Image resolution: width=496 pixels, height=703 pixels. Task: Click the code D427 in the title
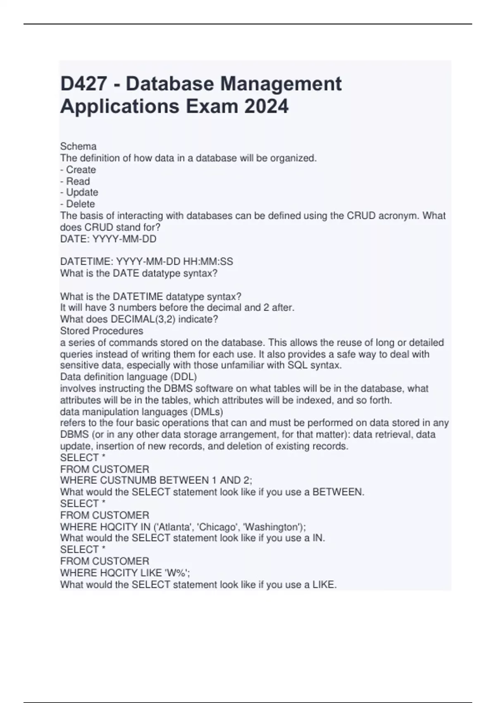[83, 84]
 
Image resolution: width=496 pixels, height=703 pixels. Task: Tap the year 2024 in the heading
[266, 106]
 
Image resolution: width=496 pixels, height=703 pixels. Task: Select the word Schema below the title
[79, 146]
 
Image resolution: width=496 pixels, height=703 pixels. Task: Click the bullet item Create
[81, 170]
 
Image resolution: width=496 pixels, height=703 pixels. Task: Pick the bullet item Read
[78, 181]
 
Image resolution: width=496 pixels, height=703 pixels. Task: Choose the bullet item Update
[82, 192]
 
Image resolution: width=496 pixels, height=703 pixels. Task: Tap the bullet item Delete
[81, 204]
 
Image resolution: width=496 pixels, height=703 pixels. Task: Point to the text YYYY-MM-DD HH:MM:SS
[174, 262]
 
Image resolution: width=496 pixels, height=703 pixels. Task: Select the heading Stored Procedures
[102, 331]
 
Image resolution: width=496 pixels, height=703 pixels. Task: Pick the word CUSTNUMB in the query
[119, 480]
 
